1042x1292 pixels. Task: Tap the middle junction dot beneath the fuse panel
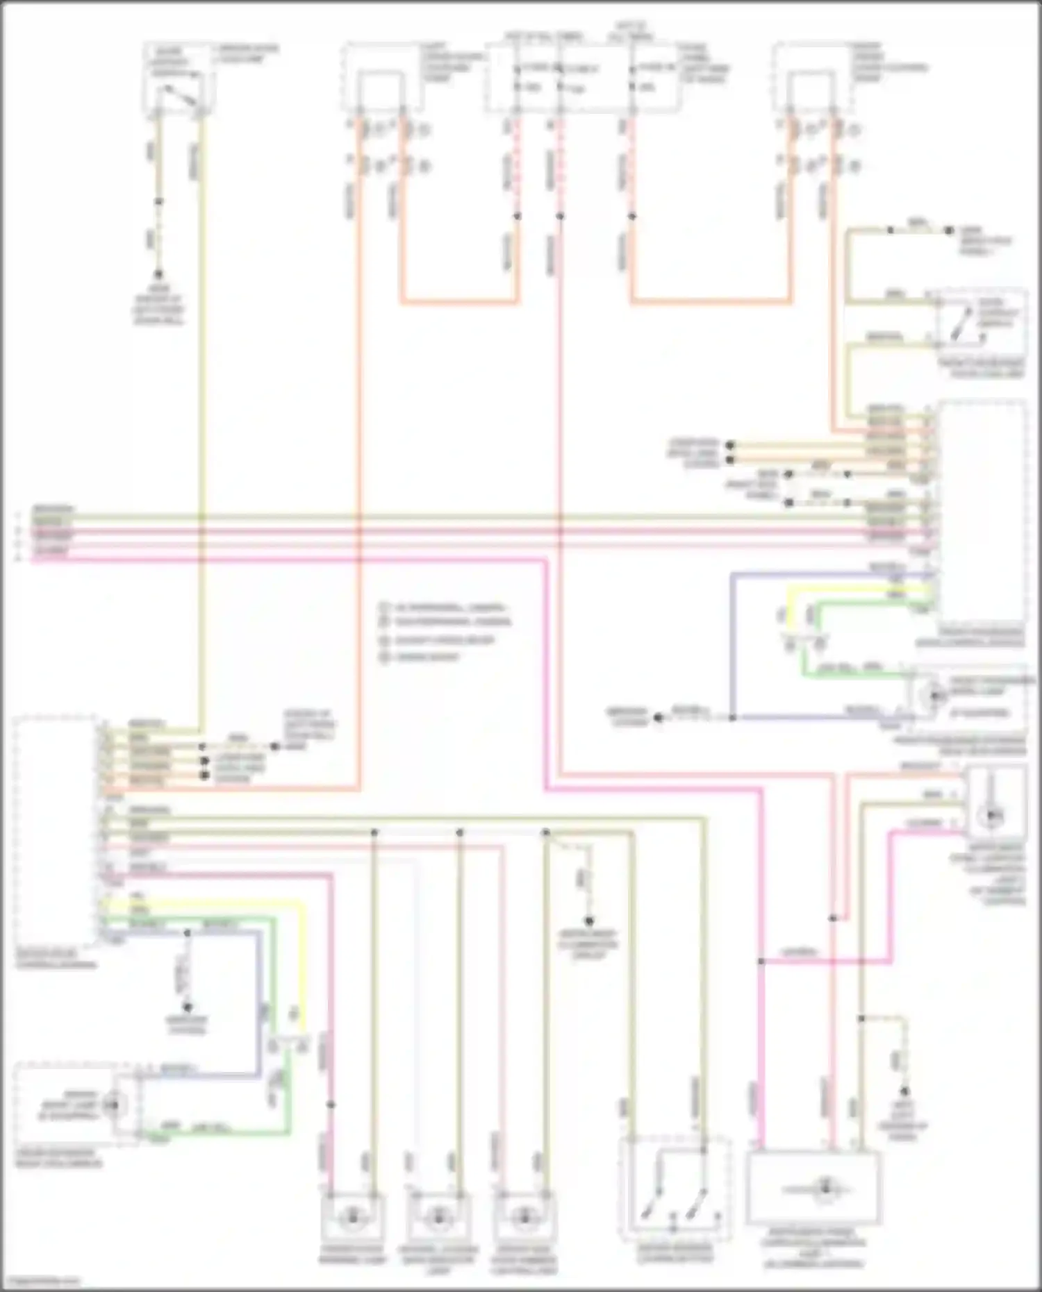561,216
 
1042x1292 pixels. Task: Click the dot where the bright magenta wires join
761,962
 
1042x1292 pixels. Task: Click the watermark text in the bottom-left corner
40,1282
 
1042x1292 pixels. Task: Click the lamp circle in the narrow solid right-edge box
994,813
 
